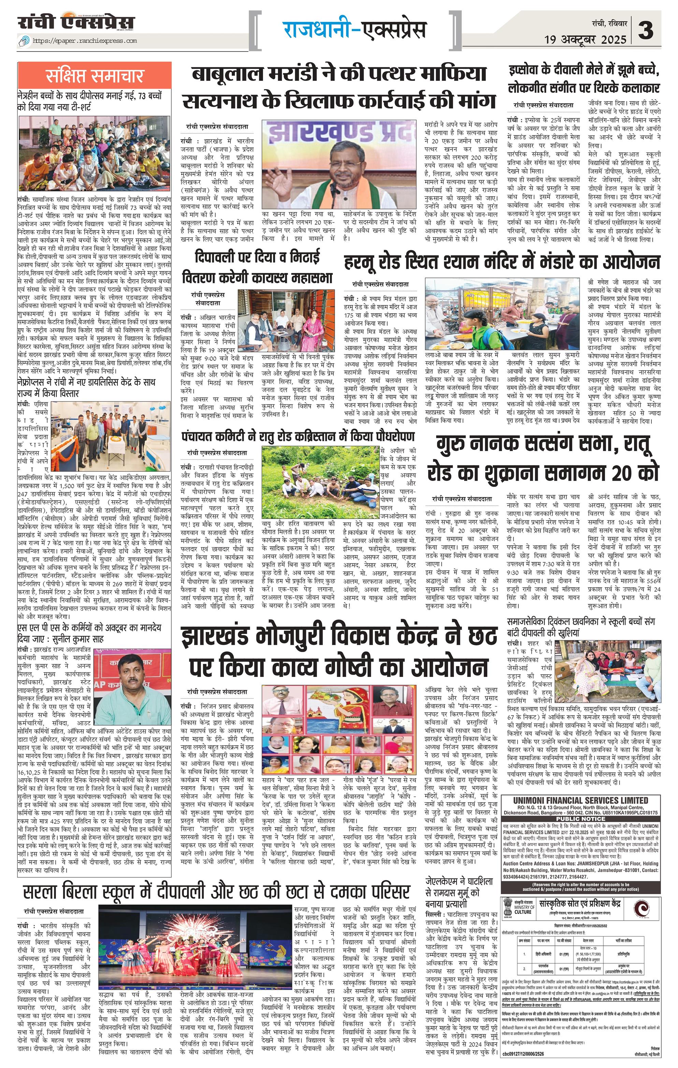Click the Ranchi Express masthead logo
click(76, 22)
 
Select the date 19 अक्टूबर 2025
click(585, 40)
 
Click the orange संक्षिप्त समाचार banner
click(95, 75)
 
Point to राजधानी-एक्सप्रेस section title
click(355, 30)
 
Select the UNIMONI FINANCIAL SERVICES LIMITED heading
click(580, 800)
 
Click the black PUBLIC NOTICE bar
click(580, 819)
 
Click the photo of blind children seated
click(95, 154)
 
